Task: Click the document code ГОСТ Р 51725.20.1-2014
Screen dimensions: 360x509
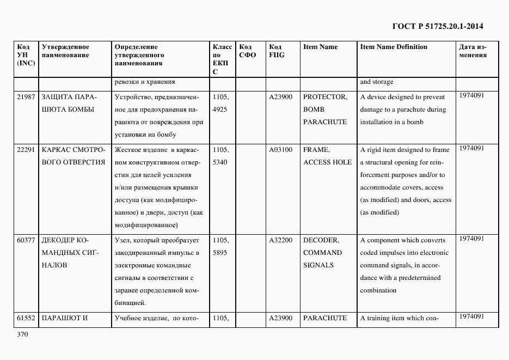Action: pos(437,26)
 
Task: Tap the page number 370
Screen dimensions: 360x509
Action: pos(22,334)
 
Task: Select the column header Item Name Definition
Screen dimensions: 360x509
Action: pos(394,47)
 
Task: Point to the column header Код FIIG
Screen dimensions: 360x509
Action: pos(277,51)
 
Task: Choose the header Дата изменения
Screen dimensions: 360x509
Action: pos(473,51)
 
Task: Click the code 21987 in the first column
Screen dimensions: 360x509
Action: pos(26,97)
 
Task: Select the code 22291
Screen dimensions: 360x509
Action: pos(26,150)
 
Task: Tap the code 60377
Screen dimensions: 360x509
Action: pos(26,240)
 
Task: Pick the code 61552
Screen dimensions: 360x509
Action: pos(26,318)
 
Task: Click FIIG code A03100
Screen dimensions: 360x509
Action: pos(281,150)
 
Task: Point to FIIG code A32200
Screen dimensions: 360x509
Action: pos(281,240)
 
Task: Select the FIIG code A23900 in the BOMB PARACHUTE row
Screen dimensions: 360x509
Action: pos(281,97)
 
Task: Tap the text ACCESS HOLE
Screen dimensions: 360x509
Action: pos(328,162)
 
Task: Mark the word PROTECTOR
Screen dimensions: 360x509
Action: pos(325,97)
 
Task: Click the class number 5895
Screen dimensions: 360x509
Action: pos(220,253)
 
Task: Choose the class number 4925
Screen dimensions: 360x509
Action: pos(220,109)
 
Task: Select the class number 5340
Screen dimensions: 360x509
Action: pos(220,162)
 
